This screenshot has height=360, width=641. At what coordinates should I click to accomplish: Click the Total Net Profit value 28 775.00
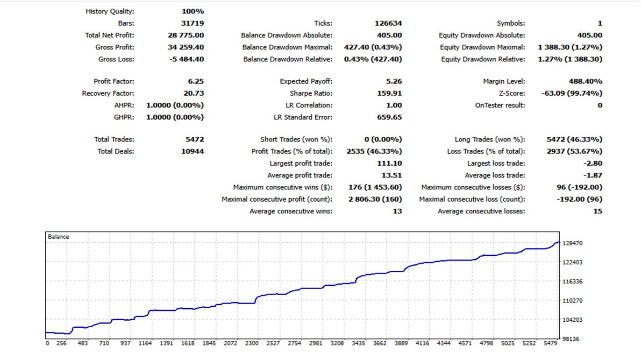point(186,35)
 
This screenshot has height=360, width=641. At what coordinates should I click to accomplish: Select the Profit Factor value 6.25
point(196,81)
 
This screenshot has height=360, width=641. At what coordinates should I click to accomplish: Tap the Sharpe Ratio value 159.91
point(390,93)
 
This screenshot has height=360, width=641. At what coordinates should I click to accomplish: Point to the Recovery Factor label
point(108,93)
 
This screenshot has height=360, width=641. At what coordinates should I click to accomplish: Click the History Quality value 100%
point(193,11)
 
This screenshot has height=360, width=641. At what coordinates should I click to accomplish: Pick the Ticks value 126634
point(388,23)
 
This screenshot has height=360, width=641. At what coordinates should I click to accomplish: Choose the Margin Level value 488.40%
point(585,81)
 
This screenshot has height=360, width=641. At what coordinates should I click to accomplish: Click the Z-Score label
point(512,93)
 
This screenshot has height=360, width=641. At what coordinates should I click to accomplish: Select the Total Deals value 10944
point(192,151)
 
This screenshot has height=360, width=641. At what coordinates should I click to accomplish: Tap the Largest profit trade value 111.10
point(390,163)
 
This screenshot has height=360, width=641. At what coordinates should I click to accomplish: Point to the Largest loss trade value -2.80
point(593,163)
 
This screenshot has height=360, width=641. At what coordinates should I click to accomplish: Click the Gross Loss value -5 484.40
point(186,59)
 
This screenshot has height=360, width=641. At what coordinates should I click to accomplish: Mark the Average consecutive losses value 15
point(598,212)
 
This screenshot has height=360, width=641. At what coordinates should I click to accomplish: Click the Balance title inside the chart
point(58,237)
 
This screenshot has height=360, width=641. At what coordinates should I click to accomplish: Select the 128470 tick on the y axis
point(572,243)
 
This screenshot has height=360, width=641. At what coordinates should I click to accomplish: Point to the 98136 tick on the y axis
point(570,339)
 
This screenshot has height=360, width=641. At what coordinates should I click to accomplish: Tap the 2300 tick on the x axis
point(252,343)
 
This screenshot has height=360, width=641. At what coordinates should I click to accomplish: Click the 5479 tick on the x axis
point(550,343)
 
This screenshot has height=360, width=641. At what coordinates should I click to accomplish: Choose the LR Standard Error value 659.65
point(390,117)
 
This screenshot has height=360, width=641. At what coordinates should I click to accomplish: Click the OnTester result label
point(500,105)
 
